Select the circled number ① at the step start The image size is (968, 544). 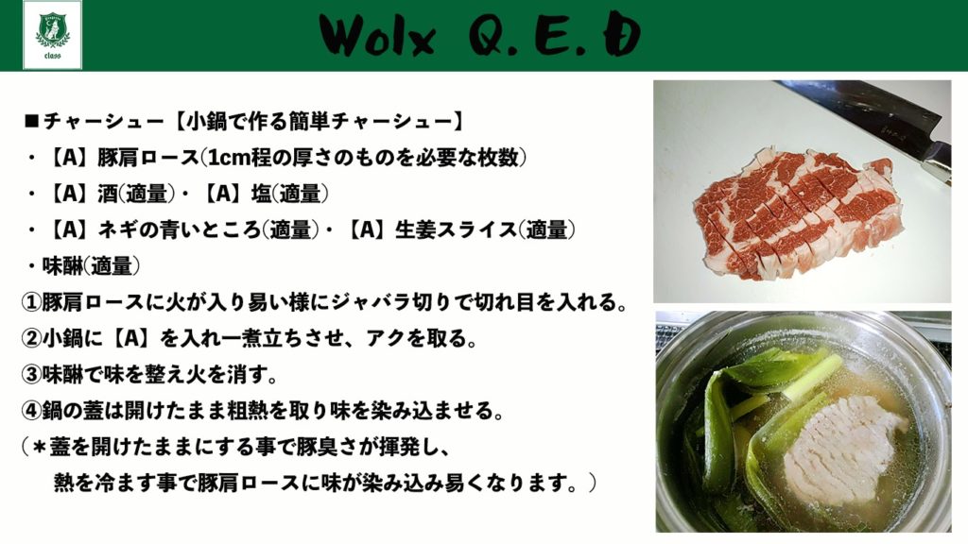(x=30, y=303)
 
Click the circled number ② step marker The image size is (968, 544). (x=30, y=339)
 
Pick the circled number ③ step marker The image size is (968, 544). (x=30, y=374)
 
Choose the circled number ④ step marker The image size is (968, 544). (x=30, y=410)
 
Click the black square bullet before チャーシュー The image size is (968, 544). (x=31, y=122)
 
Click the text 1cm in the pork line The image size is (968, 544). (x=229, y=159)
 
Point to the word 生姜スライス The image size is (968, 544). (x=455, y=230)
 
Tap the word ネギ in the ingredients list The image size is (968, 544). (x=118, y=230)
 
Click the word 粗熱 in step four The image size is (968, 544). (x=248, y=410)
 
